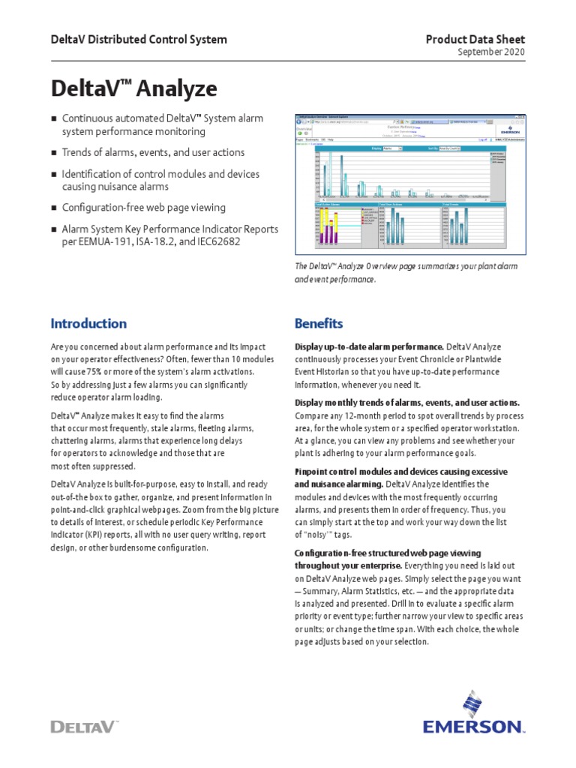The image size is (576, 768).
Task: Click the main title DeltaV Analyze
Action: tap(133, 89)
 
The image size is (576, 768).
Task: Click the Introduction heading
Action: tap(88, 324)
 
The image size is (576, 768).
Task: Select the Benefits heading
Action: tap(319, 324)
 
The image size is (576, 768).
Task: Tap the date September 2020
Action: tap(490, 52)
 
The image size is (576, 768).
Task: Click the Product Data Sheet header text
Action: tap(475, 39)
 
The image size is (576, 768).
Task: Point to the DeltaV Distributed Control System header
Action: tap(139, 39)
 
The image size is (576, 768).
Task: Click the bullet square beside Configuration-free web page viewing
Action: tap(54, 208)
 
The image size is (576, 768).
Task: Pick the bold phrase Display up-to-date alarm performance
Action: tap(369, 347)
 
